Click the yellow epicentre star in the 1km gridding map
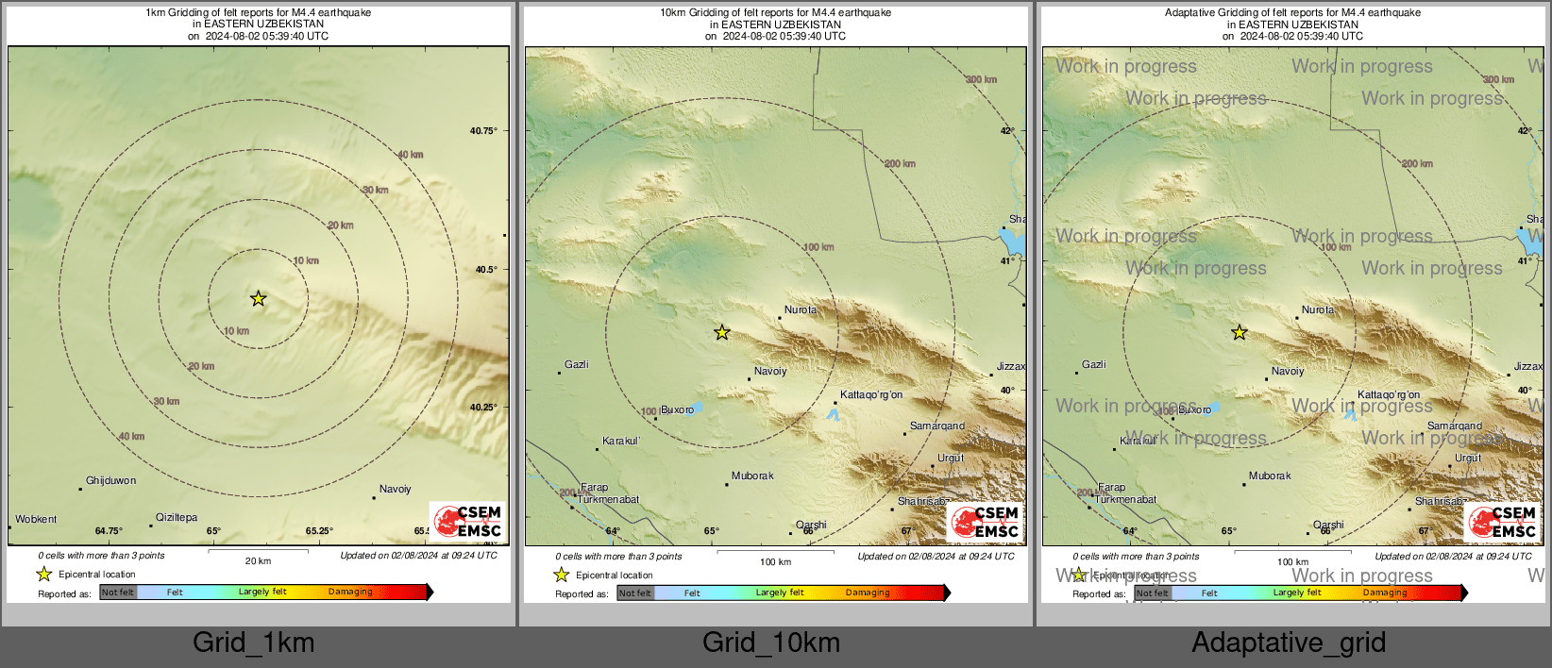(258, 299)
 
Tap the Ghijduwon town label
(110, 481)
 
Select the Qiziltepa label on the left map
(177, 518)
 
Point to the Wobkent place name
(36, 520)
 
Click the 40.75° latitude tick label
(483, 131)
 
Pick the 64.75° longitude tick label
(109, 531)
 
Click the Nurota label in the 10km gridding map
(801, 310)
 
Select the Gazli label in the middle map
(576, 365)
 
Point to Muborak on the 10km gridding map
(752, 476)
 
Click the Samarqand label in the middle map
(936, 426)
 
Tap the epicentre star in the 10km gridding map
(722, 332)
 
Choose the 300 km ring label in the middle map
(981, 80)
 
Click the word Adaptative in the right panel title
(1190, 13)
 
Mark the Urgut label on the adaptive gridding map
(1468, 459)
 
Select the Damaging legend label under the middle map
(868, 593)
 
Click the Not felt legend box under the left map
(118, 593)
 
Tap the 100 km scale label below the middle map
(775, 562)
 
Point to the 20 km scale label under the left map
(258, 561)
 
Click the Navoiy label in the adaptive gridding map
(1288, 372)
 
